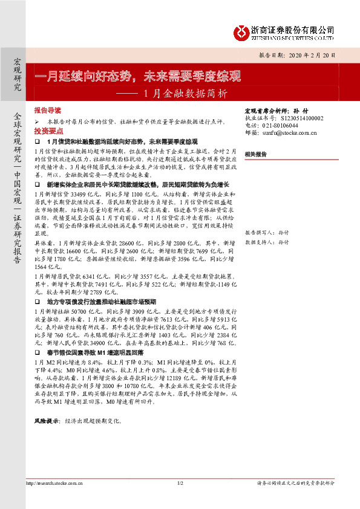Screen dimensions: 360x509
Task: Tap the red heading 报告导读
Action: click(48, 111)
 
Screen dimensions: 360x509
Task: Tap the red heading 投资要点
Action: click(48, 131)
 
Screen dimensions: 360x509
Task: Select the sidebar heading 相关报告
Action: click(256, 155)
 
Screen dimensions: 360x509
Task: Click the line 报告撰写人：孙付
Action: click(266, 233)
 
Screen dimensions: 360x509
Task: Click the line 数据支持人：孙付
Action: click(266, 241)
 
